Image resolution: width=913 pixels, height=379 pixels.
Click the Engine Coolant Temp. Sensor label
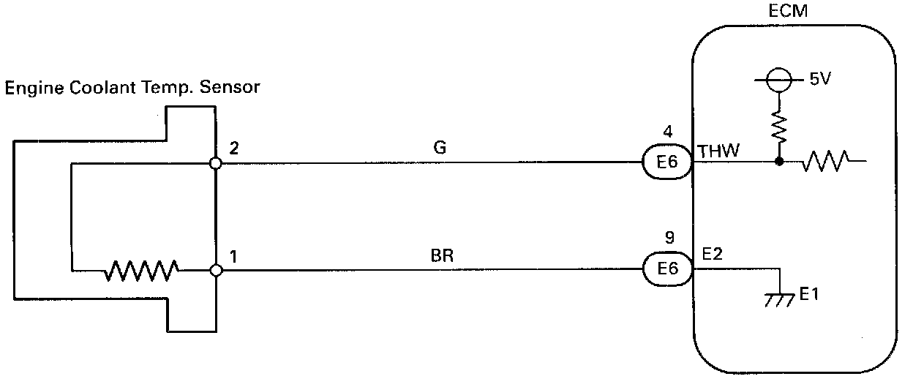tap(133, 88)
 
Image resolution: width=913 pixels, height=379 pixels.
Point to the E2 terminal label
tap(712, 255)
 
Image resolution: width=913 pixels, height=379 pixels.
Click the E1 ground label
tap(809, 295)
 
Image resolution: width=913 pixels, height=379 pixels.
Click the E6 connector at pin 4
tap(667, 163)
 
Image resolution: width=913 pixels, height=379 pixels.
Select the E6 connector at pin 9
tap(667, 269)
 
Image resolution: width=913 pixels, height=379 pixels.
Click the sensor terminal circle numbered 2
tap(216, 164)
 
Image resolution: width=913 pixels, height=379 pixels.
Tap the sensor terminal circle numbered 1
tap(216, 271)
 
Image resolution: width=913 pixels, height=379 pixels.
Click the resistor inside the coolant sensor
tap(141, 270)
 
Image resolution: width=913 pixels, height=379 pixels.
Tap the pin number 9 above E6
tap(667, 238)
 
